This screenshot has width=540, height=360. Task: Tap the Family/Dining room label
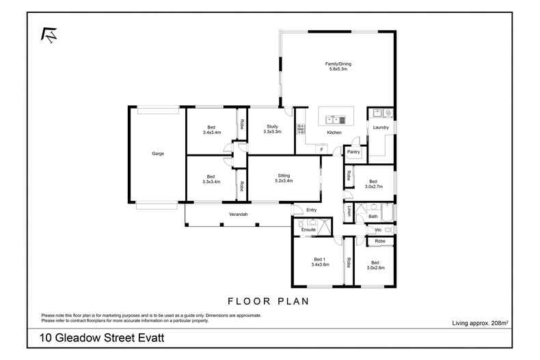click(338, 66)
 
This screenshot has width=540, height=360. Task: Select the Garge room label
click(158, 154)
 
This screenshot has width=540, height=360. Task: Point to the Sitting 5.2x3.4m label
click(284, 178)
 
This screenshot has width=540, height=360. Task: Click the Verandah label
click(237, 215)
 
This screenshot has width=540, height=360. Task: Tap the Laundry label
click(380, 127)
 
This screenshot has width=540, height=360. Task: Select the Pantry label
click(353, 152)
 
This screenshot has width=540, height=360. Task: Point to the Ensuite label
click(308, 230)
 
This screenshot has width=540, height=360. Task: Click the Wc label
click(377, 230)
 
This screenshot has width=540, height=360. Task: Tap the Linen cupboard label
click(349, 211)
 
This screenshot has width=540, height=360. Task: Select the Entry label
click(312, 210)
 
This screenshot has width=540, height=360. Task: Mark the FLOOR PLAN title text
click(269, 301)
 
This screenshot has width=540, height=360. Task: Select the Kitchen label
click(334, 133)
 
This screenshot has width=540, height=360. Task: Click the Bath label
click(373, 217)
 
